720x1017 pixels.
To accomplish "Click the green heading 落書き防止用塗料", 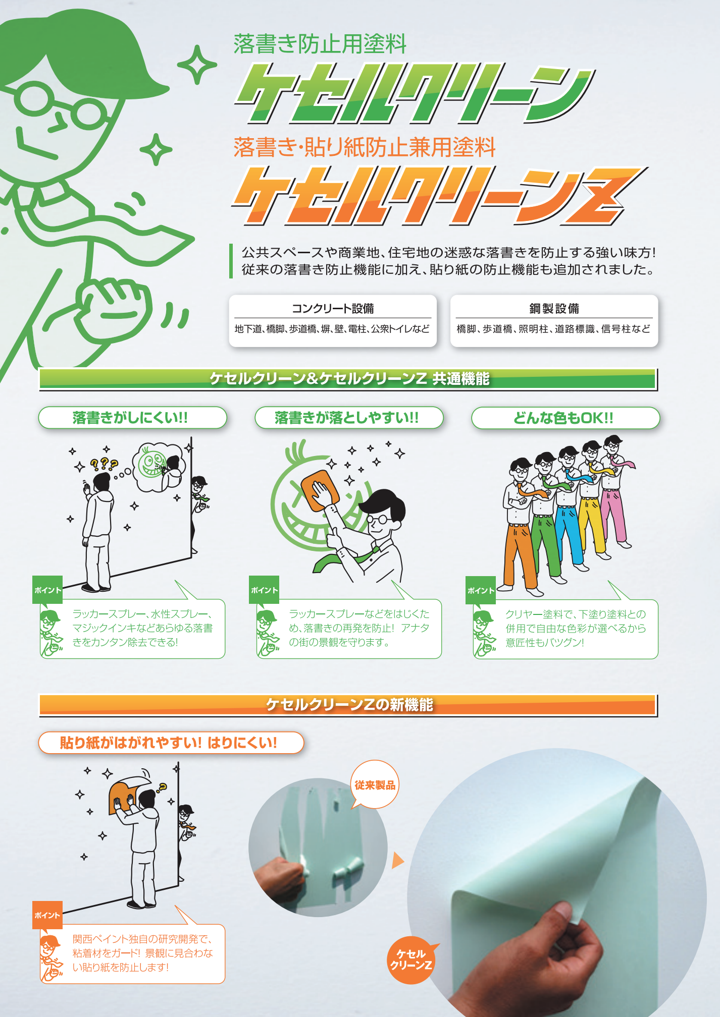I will pyautogui.click(x=320, y=44).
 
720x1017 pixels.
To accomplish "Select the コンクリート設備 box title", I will pyautogui.click(x=333, y=308).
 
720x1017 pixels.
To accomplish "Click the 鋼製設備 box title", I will pyautogui.click(x=554, y=308).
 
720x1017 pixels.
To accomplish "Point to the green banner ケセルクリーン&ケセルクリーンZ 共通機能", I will pyautogui.click(x=348, y=379).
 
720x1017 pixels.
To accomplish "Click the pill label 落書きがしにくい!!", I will pyautogui.click(x=132, y=418).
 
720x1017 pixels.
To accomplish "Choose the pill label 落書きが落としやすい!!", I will pyautogui.click(x=349, y=418).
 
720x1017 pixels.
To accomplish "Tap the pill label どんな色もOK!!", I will pyautogui.click(x=565, y=418).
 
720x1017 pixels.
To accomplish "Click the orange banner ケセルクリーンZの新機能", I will pyautogui.click(x=348, y=705).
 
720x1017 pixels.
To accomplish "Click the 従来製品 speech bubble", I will pyautogui.click(x=375, y=785).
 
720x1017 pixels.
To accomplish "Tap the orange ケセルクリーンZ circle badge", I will pyautogui.click(x=411, y=959).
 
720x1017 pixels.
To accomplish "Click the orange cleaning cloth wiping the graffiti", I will pyautogui.click(x=319, y=490).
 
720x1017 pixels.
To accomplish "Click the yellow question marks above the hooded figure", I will pyautogui.click(x=104, y=463).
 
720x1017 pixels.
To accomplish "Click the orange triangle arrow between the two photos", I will pyautogui.click(x=398, y=861).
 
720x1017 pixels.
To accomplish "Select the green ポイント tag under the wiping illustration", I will pyautogui.click(x=264, y=590).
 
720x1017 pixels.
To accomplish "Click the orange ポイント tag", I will pyautogui.click(x=47, y=915).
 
